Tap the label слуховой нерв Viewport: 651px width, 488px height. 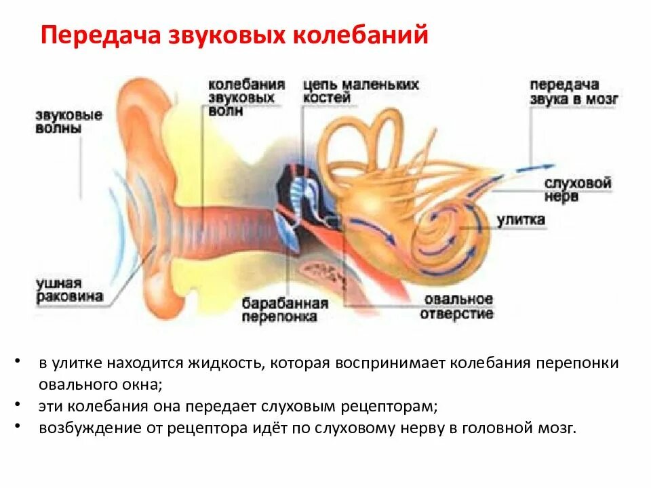(x=578, y=190)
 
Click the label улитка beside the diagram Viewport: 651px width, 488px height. (x=521, y=220)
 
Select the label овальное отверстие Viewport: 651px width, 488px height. (x=456, y=306)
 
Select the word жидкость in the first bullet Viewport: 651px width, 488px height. (x=226, y=363)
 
